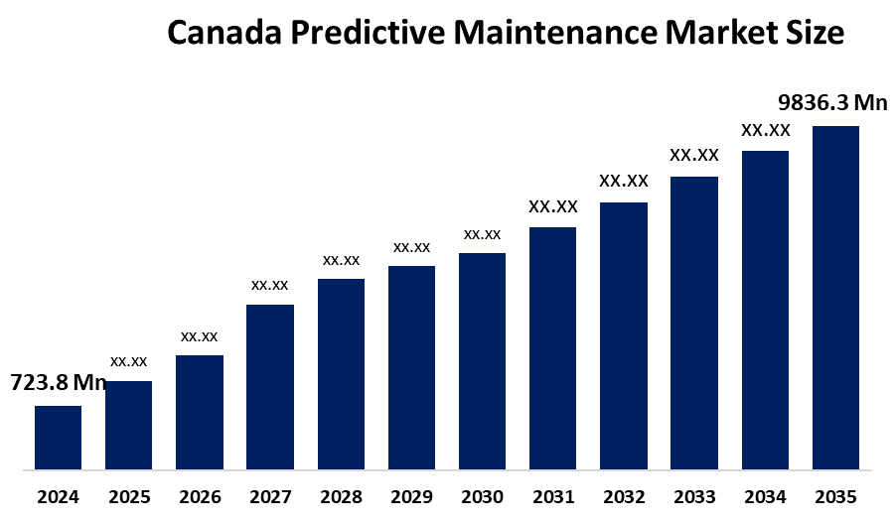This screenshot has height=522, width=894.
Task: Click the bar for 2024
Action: pos(58,437)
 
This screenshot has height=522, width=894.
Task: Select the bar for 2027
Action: pos(270,386)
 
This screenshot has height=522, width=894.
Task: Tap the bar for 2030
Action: pos(482,360)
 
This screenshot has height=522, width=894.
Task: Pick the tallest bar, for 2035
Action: pos(835,297)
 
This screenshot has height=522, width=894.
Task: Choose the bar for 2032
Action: pos(624,335)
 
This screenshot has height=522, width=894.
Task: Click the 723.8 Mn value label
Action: pos(58,383)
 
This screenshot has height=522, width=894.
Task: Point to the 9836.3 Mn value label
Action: pos(832,103)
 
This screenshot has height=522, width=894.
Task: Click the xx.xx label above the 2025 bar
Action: pos(129,360)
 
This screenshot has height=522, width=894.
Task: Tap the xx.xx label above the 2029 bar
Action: pos(411,246)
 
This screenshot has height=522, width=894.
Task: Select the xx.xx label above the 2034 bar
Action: pos(766,130)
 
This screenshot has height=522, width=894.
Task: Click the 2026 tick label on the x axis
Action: pos(200,496)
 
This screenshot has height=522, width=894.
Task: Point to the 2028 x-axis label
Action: pos(341,496)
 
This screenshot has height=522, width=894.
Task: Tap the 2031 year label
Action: pos(552,496)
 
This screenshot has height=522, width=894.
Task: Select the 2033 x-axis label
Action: pos(694,496)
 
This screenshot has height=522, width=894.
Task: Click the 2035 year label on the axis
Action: pos(835,496)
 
